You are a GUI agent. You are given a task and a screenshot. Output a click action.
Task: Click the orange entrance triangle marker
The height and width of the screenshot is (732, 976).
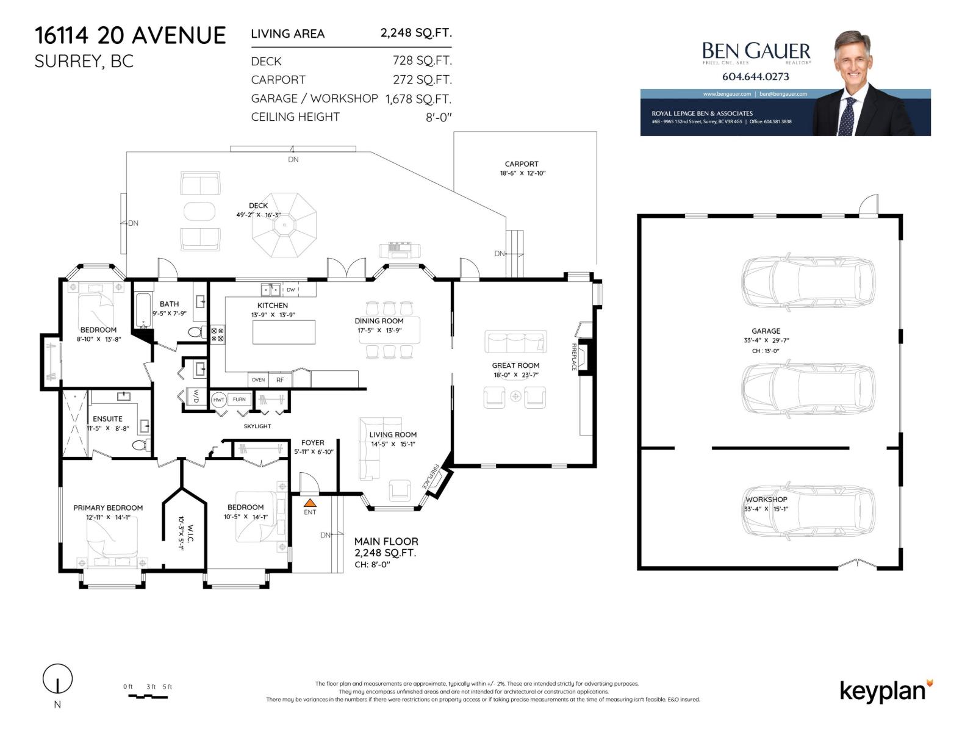click(310, 503)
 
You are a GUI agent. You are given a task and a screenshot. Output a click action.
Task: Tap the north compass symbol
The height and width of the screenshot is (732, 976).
click(57, 679)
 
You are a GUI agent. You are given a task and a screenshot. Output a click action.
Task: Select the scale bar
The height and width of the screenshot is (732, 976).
click(148, 696)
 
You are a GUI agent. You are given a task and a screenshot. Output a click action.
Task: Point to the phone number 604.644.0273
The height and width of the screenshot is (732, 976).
click(755, 77)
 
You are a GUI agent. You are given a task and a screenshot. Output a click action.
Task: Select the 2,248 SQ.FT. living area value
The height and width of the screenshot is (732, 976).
click(416, 33)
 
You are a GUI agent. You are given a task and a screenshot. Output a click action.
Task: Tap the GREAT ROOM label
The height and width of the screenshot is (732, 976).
click(515, 365)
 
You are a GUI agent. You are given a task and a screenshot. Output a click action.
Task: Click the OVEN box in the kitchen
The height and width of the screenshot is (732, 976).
click(258, 379)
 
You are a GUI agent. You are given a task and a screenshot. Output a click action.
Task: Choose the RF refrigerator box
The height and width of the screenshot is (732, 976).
click(280, 379)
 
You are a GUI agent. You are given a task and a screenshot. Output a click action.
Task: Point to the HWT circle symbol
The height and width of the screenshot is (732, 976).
click(218, 400)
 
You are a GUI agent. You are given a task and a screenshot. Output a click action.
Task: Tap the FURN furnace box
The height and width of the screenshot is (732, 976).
click(239, 400)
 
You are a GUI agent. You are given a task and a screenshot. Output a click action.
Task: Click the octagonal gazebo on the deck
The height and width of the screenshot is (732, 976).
click(285, 225)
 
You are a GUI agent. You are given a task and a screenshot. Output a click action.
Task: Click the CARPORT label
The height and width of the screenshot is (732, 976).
click(522, 164)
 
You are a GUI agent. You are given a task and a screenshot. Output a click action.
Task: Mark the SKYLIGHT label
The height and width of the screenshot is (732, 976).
click(257, 426)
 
